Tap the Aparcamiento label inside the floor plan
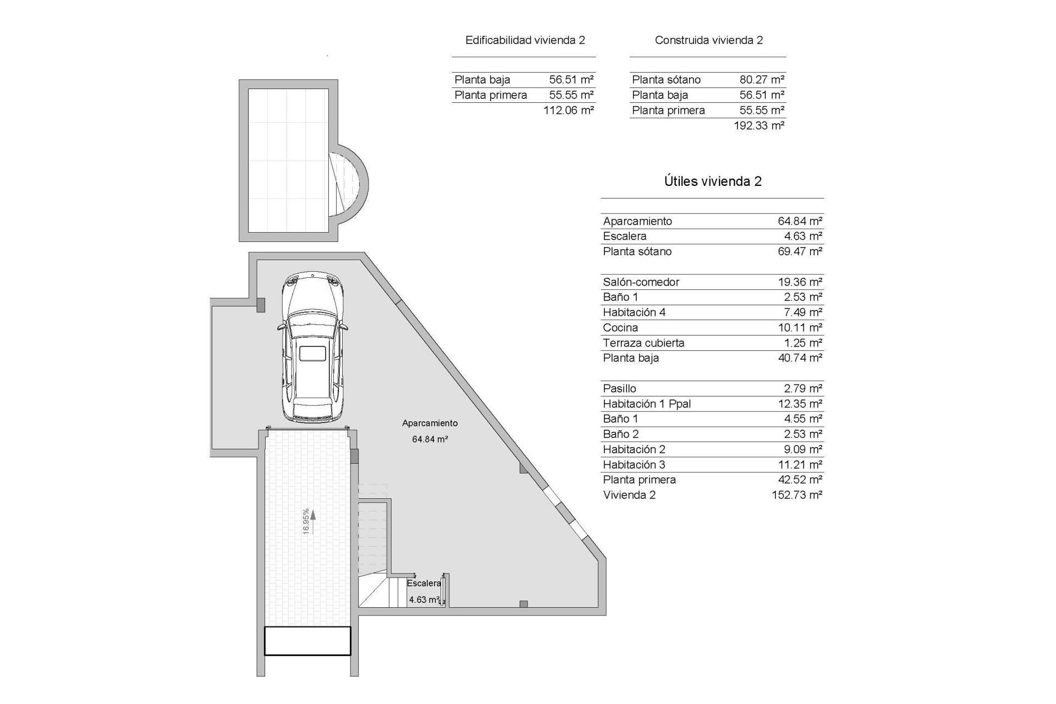430,423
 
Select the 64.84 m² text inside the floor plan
430,439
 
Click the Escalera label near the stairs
424,583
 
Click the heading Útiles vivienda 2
712,182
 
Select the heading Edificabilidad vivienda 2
525,40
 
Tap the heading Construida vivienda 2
708,40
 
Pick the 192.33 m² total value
758,125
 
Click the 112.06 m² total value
568,110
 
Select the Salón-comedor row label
641,282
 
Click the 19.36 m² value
800,282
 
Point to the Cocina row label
620,328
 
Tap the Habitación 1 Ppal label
646,404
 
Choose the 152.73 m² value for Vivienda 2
796,495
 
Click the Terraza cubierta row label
643,343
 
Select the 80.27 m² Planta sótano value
762,80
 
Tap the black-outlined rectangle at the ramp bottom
307,641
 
